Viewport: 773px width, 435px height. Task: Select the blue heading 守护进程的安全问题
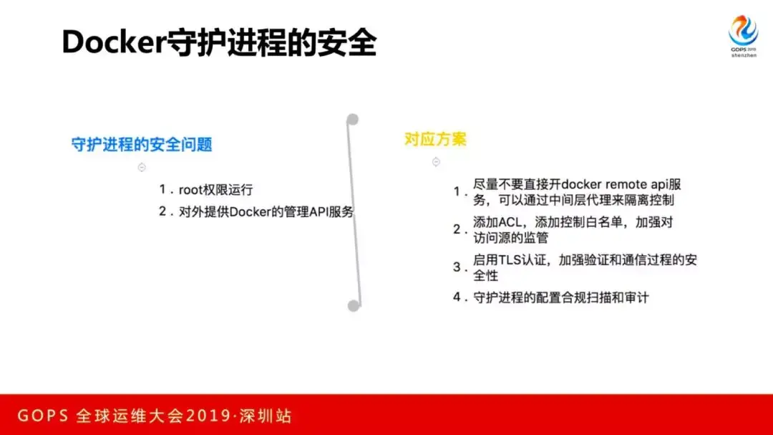pos(142,144)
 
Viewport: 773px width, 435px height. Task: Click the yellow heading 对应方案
pos(435,139)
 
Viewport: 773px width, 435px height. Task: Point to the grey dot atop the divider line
pos(352,119)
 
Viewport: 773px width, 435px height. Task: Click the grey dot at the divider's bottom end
pos(354,305)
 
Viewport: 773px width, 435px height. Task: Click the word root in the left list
pos(191,190)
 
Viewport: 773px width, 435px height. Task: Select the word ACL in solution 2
pos(510,222)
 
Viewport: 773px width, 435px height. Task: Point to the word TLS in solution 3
pos(510,259)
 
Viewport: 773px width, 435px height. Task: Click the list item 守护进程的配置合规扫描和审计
pos(561,297)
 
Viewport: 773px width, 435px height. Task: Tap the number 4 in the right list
pos(457,297)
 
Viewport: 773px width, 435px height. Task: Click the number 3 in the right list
pos(457,267)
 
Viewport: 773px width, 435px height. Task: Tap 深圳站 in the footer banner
pos(266,416)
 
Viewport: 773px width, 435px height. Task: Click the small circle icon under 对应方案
pos(436,161)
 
